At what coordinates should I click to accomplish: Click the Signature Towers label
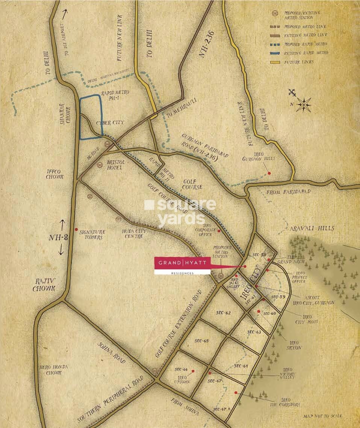(x=92, y=235)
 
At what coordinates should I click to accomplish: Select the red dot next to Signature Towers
(x=76, y=229)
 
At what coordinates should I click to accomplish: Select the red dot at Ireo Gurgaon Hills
(x=269, y=173)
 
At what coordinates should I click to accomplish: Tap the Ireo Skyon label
(x=293, y=345)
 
